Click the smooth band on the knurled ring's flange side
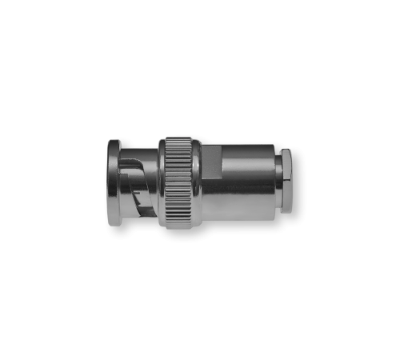tap(162, 182)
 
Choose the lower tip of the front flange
tap(114, 222)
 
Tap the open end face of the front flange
tap(108, 182)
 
